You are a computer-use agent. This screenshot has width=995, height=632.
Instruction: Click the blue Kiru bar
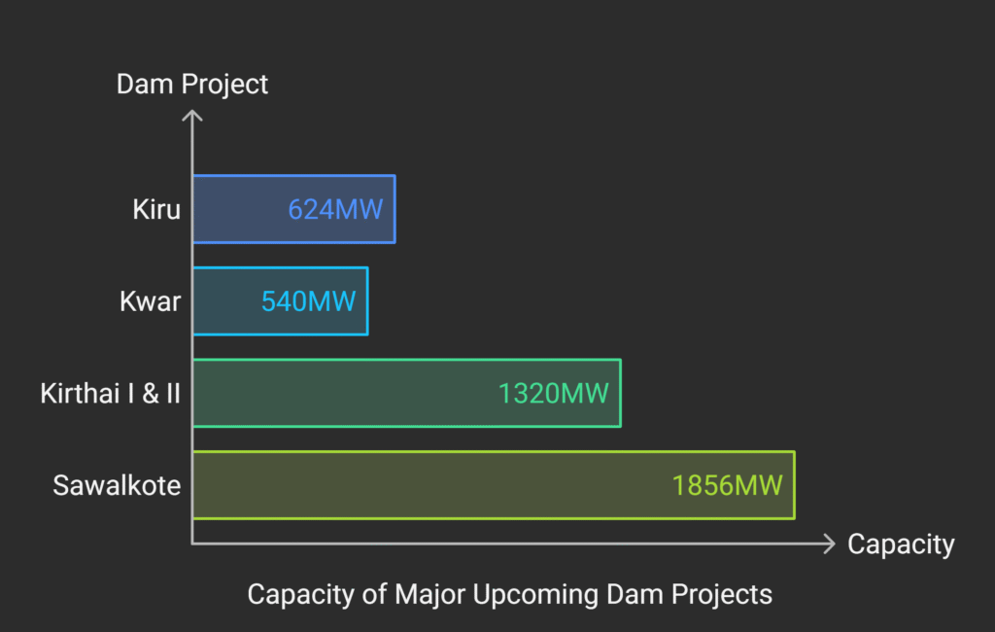coord(293,209)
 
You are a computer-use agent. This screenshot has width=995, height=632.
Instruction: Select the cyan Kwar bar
coord(281,301)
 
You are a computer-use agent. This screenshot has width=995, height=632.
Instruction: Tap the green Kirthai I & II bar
coord(407,393)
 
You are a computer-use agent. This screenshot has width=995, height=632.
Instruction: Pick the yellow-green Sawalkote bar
coord(494,485)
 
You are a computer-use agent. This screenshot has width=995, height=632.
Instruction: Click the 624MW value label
coord(335,210)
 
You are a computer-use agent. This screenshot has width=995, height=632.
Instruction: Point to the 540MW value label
coord(308,301)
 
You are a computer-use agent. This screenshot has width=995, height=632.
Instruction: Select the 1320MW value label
coord(553,394)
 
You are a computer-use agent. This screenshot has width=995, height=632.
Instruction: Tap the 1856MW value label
coord(727,486)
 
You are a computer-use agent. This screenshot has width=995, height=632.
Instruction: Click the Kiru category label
coord(156,210)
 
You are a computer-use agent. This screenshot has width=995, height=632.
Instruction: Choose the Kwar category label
coord(151,301)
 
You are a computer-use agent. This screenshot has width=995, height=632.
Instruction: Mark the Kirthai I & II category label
coord(111,394)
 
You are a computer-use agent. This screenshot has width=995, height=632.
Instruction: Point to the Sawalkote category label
coord(117,486)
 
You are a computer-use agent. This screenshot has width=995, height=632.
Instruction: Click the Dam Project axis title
coord(192,85)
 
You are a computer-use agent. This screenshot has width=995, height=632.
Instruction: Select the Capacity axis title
coord(901,544)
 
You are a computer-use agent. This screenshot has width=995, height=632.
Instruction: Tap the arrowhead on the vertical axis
coord(192,115)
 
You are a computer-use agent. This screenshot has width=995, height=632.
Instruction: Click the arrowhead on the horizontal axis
coord(830,544)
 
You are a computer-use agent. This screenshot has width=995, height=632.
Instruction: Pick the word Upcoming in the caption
coord(535,595)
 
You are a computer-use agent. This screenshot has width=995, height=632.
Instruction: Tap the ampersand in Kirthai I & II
coord(151,394)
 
